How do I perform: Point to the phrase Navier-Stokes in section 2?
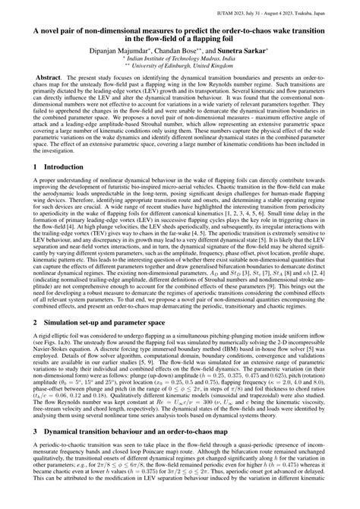pyautogui.click(x=54, y=388)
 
